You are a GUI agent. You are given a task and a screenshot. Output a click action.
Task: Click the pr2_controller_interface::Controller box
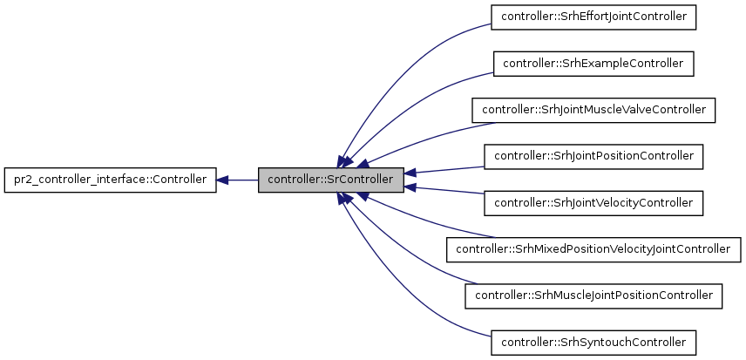click(110, 180)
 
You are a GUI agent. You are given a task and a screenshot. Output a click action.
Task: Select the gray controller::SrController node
click(330, 180)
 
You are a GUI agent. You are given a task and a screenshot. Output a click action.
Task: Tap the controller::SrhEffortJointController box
click(593, 17)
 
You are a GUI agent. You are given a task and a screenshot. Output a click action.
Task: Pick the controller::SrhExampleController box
click(593, 64)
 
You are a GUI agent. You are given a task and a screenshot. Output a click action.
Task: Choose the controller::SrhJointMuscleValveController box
click(593, 110)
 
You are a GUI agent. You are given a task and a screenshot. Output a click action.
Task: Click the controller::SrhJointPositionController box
click(593, 156)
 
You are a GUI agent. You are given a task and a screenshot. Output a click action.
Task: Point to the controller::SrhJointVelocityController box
click(593, 203)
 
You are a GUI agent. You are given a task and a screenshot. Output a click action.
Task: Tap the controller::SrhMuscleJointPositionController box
click(593, 295)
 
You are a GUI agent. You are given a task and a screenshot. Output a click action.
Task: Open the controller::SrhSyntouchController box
click(593, 342)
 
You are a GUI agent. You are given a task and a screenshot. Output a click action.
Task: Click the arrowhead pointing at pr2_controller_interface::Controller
click(222, 180)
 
